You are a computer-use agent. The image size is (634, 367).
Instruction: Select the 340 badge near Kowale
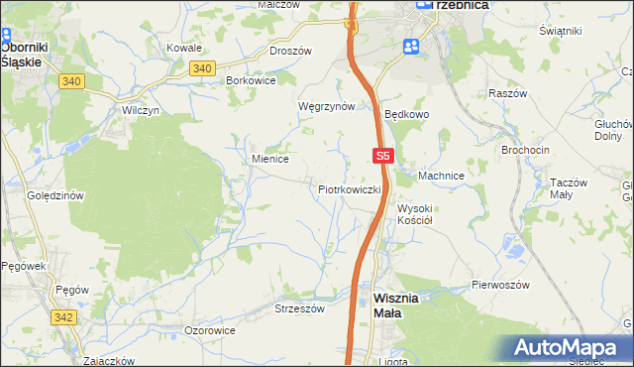201,67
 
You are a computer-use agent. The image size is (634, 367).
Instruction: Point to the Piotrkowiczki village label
350,188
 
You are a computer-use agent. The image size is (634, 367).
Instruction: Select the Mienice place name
269,158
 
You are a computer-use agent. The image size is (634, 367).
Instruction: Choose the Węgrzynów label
326,105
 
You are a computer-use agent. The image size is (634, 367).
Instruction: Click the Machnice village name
441,176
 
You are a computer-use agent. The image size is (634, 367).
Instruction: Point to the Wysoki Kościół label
418,214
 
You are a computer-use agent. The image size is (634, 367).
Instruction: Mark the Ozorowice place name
210,329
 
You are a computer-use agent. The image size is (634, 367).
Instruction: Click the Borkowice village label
251,79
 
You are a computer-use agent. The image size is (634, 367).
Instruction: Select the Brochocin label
525,149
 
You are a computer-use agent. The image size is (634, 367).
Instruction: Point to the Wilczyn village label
141,110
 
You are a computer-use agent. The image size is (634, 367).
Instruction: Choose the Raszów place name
506,92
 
